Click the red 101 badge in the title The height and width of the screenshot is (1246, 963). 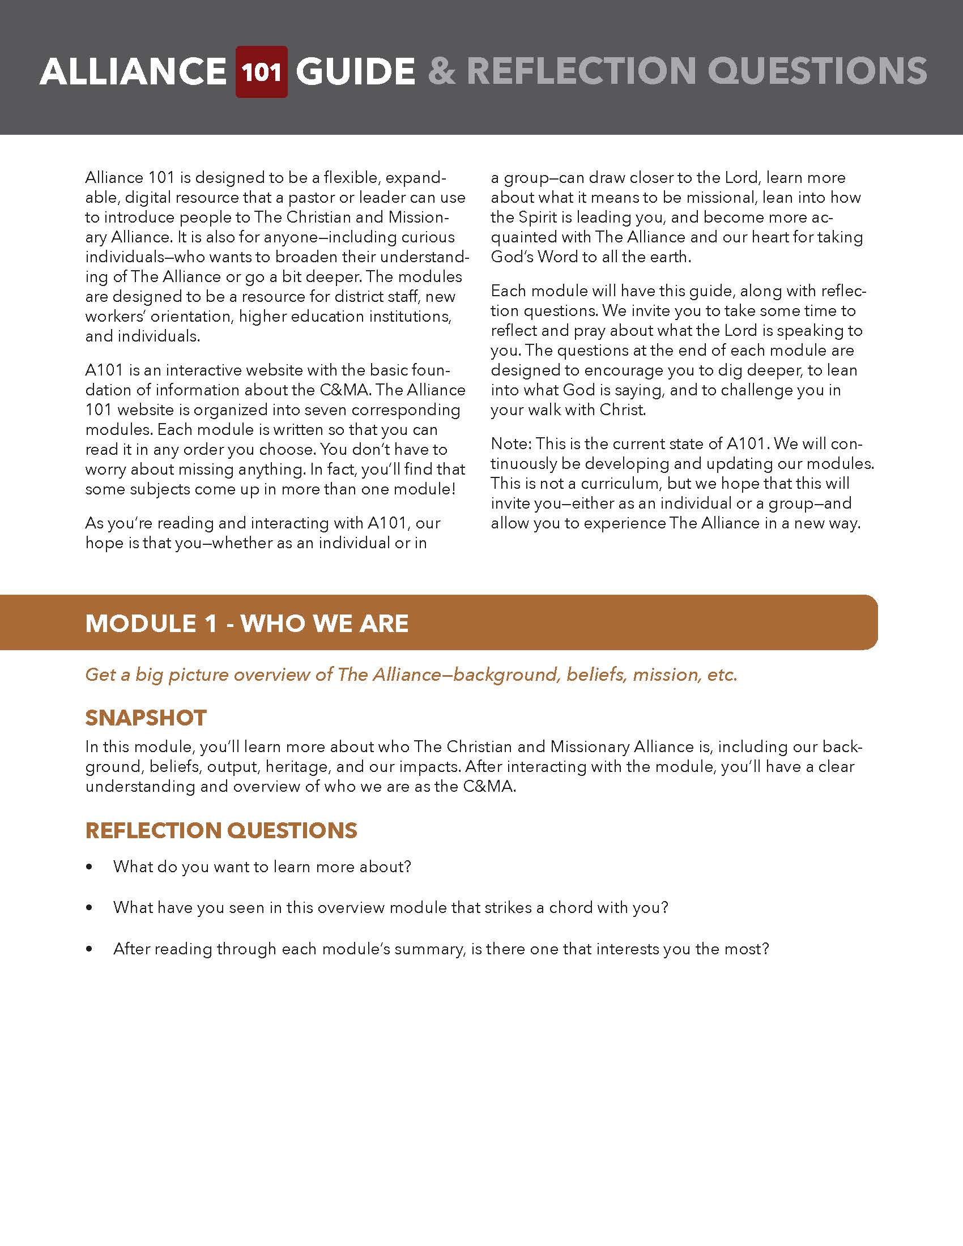(261, 72)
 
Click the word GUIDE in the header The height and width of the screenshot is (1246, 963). (355, 72)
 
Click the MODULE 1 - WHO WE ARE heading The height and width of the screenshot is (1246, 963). (246, 623)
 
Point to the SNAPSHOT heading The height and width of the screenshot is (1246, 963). (146, 718)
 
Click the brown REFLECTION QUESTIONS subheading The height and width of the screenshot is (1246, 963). (221, 830)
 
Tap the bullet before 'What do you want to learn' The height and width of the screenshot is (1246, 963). (89, 867)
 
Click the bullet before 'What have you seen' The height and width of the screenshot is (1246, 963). (89, 908)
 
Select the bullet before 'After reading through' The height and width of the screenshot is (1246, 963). (89, 949)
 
